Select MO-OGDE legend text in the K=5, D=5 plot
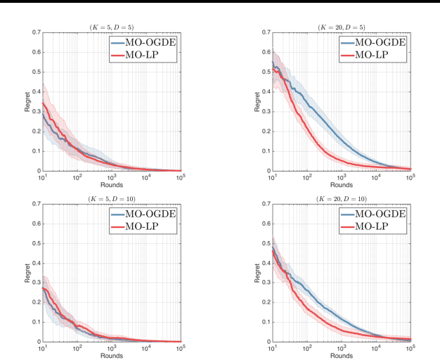tap(150, 41)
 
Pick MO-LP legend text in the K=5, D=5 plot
tap(143, 54)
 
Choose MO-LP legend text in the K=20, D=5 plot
tap(372, 54)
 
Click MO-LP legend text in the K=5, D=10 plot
tap(143, 226)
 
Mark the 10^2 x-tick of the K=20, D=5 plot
tap(306, 178)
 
